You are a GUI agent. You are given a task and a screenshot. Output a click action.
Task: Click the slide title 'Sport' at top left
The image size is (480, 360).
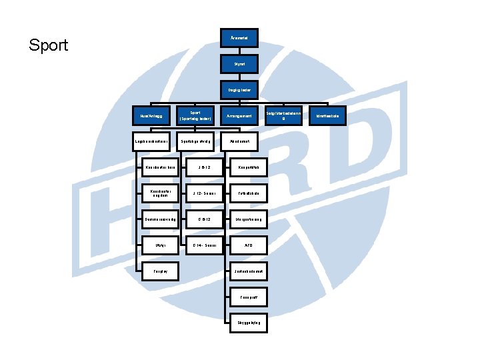point(49,45)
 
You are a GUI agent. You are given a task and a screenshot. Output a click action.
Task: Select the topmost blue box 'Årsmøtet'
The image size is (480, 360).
point(239,38)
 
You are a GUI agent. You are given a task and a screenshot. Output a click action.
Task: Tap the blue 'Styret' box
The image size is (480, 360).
point(239,65)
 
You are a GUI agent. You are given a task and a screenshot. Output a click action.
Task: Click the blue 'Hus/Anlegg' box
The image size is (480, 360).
point(151,115)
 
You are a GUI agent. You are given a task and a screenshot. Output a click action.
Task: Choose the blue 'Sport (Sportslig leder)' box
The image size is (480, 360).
point(195,115)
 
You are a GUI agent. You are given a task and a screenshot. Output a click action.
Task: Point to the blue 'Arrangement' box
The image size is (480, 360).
point(239,115)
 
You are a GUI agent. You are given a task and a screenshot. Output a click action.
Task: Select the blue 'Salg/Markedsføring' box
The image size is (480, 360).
point(284,115)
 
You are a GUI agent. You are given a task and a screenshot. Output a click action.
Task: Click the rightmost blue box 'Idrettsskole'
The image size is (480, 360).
point(327,115)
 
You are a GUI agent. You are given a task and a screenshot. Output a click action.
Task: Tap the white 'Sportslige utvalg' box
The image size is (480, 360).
point(195,141)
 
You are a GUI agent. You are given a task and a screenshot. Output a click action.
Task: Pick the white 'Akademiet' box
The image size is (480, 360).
point(239,141)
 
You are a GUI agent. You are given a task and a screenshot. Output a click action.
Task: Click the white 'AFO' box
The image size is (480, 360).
point(247,245)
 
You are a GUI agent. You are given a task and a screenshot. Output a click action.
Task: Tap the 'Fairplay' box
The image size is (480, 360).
point(161,271)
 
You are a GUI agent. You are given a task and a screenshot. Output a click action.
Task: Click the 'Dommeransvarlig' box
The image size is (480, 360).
point(161,219)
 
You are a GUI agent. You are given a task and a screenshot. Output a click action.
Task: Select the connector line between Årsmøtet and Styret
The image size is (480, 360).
point(239,51)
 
